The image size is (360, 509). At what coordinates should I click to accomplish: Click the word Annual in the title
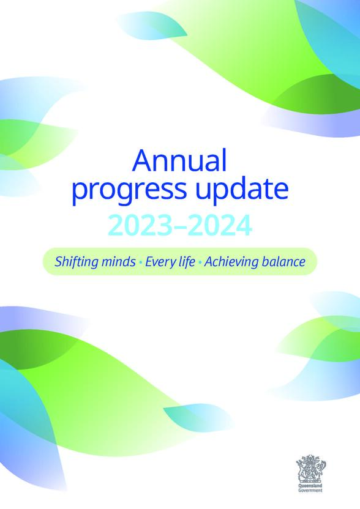179,162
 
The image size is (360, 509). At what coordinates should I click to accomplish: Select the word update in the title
244,190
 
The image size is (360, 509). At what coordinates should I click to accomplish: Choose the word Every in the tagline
160,262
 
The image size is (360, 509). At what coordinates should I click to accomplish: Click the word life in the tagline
187,262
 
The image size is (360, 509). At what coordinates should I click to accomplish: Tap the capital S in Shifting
59,262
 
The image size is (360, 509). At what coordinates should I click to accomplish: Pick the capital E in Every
149,262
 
